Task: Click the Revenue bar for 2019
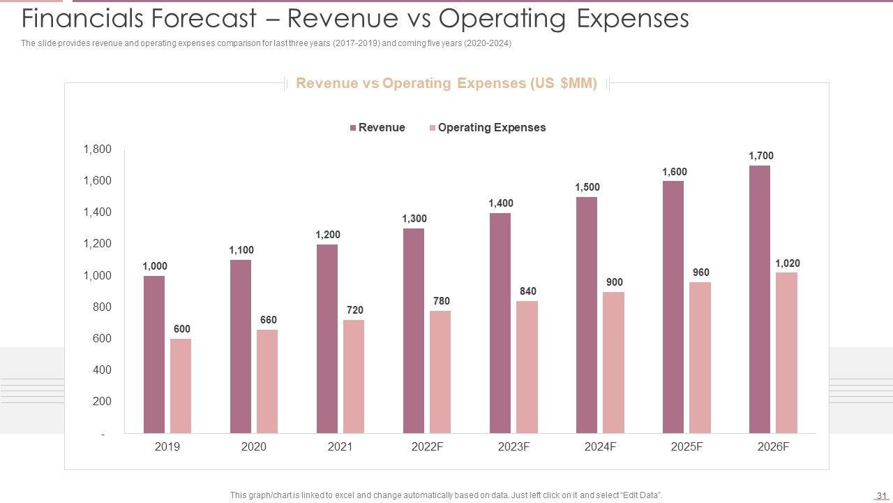[x=154, y=354]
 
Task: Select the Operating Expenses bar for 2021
[x=354, y=377]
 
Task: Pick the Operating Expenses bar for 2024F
[x=613, y=363]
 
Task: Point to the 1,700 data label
[x=761, y=156]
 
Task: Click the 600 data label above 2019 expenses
[x=181, y=329]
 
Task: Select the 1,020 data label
[x=788, y=263]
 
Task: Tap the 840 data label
[x=527, y=291]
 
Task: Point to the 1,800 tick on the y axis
[x=98, y=149]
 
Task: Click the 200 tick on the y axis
[x=102, y=401]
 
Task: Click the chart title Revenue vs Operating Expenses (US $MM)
[x=446, y=83]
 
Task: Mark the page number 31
[x=880, y=496]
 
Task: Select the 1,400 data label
[x=501, y=203]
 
